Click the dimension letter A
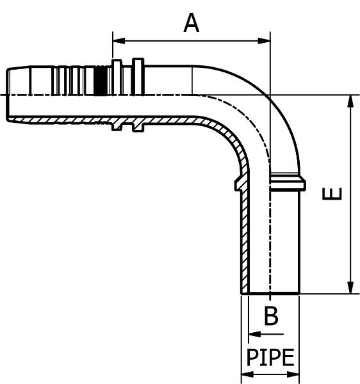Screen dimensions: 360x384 pyautogui.click(x=191, y=23)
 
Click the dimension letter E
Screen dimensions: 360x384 pyautogui.click(x=332, y=194)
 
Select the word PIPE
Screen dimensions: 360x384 pyautogui.click(x=270, y=357)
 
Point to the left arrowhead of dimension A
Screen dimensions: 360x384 pyautogui.click(x=119, y=41)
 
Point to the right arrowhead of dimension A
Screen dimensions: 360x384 pyautogui.click(x=264, y=41)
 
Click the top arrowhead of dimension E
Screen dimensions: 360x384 pyautogui.click(x=350, y=101)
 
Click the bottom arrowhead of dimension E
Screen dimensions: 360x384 pyautogui.click(x=350, y=287)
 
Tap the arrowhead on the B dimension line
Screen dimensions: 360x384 pyautogui.click(x=254, y=334)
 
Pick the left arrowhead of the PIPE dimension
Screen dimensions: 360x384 pyautogui.click(x=247, y=374)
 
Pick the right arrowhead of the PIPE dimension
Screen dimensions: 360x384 pyautogui.click(x=293, y=374)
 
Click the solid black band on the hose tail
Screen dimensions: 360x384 pyautogui.click(x=102, y=81)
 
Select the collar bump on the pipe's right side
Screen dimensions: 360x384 pyautogui.click(x=288, y=182)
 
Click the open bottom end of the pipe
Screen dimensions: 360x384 pyautogui.click(x=270, y=293)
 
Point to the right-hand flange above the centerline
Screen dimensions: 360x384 pyautogui.click(x=138, y=76)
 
